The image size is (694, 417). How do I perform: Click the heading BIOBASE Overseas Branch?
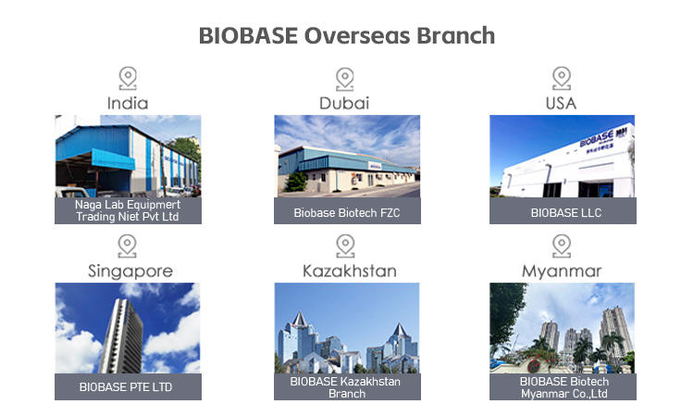click(x=347, y=35)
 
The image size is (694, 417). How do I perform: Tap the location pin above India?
click(x=128, y=79)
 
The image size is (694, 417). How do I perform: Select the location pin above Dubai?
click(x=345, y=80)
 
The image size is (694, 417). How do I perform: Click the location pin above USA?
click(x=562, y=79)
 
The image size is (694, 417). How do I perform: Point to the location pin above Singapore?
click(x=128, y=246)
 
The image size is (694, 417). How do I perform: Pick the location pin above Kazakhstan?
click(x=345, y=246)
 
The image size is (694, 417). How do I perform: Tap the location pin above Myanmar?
click(x=562, y=246)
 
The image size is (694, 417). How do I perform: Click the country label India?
click(x=128, y=103)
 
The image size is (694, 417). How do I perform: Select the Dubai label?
click(x=344, y=103)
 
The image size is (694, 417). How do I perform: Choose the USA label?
click(x=562, y=103)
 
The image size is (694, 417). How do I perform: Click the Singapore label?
click(x=130, y=272)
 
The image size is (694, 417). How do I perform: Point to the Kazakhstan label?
click(x=350, y=271)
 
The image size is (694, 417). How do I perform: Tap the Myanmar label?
click(x=562, y=272)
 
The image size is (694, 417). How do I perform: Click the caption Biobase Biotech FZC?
click(x=347, y=213)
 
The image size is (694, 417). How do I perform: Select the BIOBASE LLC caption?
click(x=566, y=213)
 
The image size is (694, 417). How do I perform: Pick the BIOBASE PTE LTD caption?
click(x=126, y=386)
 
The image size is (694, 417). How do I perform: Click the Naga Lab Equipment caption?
click(x=128, y=210)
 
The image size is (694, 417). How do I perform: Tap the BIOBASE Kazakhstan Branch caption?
click(x=346, y=387)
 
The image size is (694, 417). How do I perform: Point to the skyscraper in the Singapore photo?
click(x=121, y=335)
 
